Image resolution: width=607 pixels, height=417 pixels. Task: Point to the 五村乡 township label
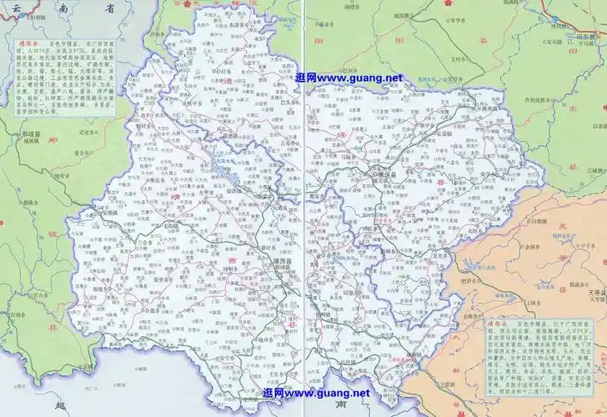(456, 59)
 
